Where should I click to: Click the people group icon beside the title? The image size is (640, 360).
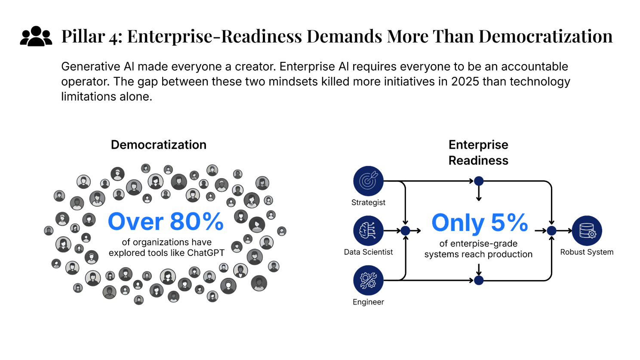click(x=36, y=36)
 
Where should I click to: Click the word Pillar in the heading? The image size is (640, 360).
click(x=83, y=36)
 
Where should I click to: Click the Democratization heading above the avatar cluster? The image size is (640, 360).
click(x=158, y=145)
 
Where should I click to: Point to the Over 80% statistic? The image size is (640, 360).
click(x=166, y=222)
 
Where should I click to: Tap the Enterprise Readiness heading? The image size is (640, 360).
click(x=478, y=153)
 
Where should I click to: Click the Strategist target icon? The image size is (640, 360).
click(x=368, y=181)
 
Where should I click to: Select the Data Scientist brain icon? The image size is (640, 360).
click(x=368, y=231)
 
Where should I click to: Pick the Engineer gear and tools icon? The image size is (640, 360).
click(x=368, y=280)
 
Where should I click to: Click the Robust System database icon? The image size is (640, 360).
click(x=587, y=231)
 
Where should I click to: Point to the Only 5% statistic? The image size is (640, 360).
click(x=480, y=223)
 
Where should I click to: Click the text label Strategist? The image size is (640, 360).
click(x=368, y=203)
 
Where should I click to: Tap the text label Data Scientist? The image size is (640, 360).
click(x=368, y=252)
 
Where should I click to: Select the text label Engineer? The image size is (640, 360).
click(x=368, y=302)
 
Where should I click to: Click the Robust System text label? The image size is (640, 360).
click(x=587, y=252)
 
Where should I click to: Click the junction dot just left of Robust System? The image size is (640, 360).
click(x=552, y=231)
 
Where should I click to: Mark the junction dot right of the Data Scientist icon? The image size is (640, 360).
click(x=405, y=231)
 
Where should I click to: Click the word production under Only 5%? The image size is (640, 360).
click(x=510, y=254)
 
